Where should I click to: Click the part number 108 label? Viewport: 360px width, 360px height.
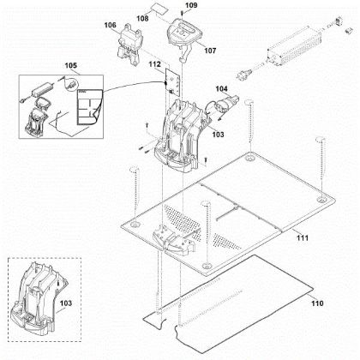click(x=142, y=16)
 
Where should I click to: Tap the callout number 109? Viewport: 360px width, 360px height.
click(x=190, y=7)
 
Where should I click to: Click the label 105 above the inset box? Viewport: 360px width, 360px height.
click(x=70, y=65)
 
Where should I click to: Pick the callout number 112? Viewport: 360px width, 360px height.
click(x=154, y=63)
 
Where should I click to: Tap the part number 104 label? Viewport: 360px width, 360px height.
click(x=221, y=88)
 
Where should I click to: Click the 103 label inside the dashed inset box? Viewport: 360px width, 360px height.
click(x=65, y=303)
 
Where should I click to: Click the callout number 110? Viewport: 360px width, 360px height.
click(x=316, y=303)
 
